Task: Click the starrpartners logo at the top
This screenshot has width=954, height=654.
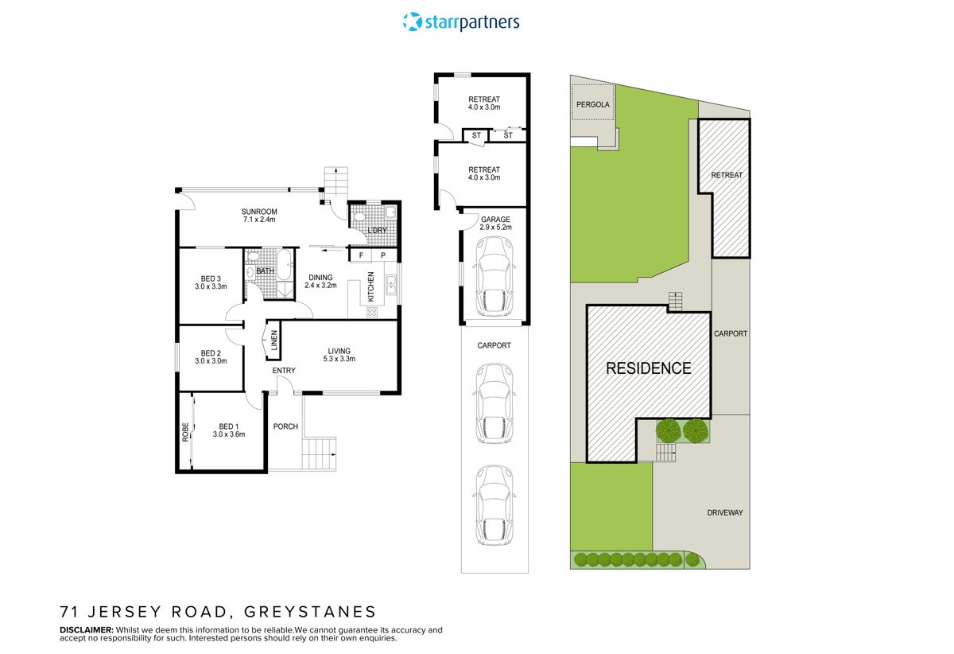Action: pyautogui.click(x=462, y=21)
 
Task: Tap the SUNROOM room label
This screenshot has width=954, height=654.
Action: pyautogui.click(x=260, y=212)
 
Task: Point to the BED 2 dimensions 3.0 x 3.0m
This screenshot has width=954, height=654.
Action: pyautogui.click(x=211, y=361)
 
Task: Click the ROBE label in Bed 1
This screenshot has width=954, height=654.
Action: pyautogui.click(x=185, y=433)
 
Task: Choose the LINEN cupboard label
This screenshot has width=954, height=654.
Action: pyautogui.click(x=274, y=341)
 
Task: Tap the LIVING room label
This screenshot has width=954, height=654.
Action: pyautogui.click(x=339, y=351)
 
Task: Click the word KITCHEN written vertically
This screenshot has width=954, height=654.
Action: pyautogui.click(x=370, y=286)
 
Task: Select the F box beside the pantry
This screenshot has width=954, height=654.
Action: pyautogui.click(x=362, y=255)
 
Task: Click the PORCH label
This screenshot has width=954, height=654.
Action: pyautogui.click(x=285, y=426)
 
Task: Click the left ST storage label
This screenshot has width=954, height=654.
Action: pyautogui.click(x=476, y=136)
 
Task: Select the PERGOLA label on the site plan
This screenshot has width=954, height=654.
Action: pyautogui.click(x=593, y=104)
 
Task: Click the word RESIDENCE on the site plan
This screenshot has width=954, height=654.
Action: pyautogui.click(x=649, y=368)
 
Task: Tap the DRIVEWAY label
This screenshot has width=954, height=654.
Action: pyautogui.click(x=725, y=513)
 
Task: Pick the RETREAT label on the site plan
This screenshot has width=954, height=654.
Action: pyautogui.click(x=726, y=174)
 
